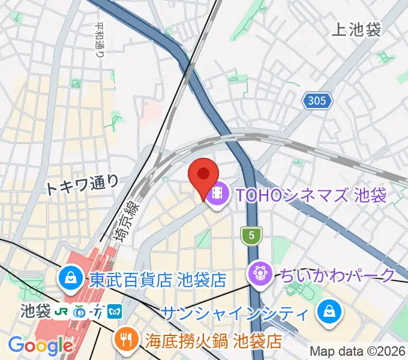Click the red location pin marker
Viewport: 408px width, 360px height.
pos(203,175)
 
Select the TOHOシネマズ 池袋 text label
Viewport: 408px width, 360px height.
pos(311,194)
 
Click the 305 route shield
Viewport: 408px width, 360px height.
pos(316,101)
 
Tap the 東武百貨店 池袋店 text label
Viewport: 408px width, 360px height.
pos(157,279)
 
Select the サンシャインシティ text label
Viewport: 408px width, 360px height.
pos(235,312)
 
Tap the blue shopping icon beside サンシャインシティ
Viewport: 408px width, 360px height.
pos(329,311)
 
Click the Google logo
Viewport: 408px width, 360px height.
pos(40,346)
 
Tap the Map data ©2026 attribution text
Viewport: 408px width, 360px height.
pos(358,351)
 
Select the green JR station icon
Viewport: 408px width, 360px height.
pos(62,312)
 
